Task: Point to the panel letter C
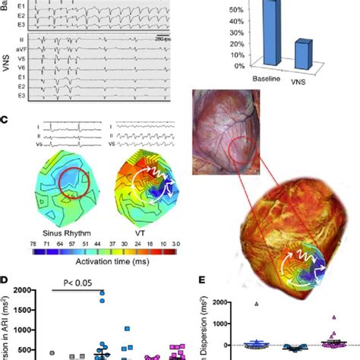tap(5, 119)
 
